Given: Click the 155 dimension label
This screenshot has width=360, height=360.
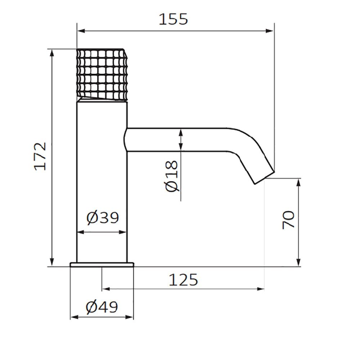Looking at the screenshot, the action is pyautogui.click(x=174, y=19).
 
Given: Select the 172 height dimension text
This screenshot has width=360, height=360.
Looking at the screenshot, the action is pyautogui.click(x=40, y=156).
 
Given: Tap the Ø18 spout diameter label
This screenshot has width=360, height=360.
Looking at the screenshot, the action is pyautogui.click(x=172, y=176).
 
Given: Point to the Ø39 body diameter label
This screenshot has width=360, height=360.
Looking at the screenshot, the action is pyautogui.click(x=103, y=217).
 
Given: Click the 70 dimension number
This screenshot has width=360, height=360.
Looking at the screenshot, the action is pyautogui.click(x=288, y=220).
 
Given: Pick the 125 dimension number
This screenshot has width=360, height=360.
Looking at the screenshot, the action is pyautogui.click(x=183, y=280).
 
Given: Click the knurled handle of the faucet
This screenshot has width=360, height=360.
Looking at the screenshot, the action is pyautogui.click(x=102, y=75).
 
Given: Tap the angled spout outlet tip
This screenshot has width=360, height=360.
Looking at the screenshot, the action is pyautogui.click(x=265, y=177).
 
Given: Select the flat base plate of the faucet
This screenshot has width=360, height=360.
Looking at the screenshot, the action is pyautogui.click(x=102, y=265).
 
